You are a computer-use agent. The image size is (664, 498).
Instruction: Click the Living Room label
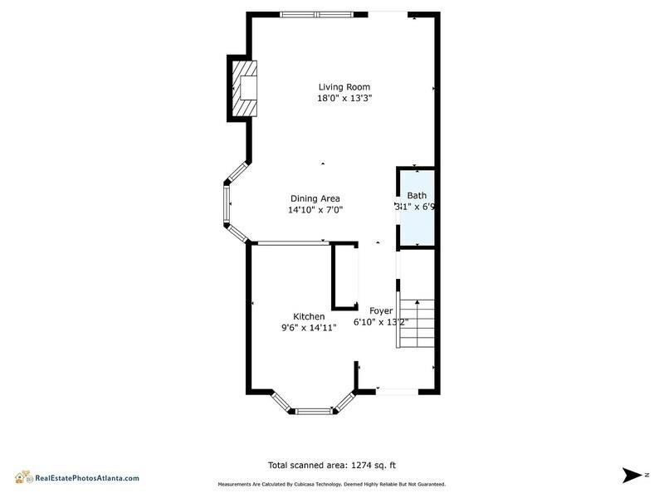click(x=344, y=86)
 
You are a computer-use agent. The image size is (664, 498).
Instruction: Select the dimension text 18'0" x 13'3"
click(x=344, y=98)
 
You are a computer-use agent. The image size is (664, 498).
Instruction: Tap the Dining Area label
click(x=315, y=198)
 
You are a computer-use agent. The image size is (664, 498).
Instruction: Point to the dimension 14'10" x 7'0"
click(x=315, y=210)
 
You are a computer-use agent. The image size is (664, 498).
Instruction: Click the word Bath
click(x=417, y=195)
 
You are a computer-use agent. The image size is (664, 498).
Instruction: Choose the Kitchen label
click(x=309, y=316)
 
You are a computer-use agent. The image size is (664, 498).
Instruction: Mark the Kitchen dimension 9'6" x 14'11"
click(x=309, y=328)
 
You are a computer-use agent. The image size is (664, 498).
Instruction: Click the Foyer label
click(x=381, y=310)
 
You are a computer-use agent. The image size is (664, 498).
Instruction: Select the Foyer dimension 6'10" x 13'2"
click(x=392, y=322)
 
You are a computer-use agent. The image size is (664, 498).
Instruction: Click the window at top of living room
click(x=317, y=13)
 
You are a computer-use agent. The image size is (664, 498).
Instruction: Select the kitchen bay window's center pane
click(x=314, y=410)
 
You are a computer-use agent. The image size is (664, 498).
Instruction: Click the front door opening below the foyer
click(x=397, y=390)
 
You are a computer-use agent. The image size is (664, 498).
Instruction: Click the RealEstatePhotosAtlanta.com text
click(x=86, y=478)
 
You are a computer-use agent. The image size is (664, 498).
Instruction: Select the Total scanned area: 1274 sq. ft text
click(x=337, y=466)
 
